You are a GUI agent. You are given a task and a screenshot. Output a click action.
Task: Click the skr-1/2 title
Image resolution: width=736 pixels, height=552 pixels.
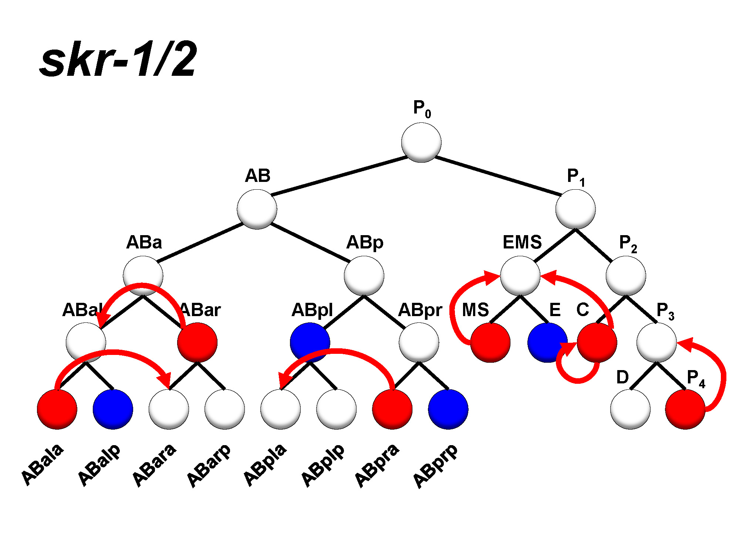coord(118,59)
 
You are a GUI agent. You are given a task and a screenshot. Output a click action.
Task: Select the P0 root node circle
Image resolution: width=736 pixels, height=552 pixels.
coord(421,142)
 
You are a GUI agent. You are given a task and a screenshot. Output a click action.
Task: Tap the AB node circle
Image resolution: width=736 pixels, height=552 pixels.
coord(257,209)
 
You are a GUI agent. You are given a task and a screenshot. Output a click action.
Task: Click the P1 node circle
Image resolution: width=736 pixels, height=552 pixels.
coord(575,209)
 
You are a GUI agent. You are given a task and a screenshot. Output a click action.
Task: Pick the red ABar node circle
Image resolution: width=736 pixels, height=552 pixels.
coord(197,342)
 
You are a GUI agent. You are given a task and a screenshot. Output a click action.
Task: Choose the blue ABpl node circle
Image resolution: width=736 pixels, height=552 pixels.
coord(310,342)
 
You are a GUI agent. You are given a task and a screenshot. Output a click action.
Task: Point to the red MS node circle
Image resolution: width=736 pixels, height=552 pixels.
coord(490,342)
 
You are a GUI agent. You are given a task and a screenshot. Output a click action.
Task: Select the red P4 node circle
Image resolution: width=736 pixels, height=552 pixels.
coord(685,409)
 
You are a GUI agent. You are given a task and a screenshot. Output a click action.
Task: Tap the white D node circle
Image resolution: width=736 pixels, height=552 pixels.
coord(630,409)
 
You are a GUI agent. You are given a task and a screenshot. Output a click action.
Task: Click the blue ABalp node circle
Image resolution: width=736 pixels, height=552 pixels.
coord(113,409)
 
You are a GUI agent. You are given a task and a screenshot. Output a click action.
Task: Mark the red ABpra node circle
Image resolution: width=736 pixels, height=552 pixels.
coord(392,409)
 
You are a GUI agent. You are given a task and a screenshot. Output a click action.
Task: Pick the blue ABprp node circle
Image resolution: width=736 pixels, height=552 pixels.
coord(448,409)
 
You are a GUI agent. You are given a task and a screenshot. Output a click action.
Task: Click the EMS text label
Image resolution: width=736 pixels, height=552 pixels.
coord(522,243)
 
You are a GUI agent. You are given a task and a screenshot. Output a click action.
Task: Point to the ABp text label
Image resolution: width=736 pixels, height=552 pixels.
coord(365,243)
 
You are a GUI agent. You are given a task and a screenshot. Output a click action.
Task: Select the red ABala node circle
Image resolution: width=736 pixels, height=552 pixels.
coord(57,409)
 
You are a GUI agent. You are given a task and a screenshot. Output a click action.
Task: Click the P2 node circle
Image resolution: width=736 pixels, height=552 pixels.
coord(626,276)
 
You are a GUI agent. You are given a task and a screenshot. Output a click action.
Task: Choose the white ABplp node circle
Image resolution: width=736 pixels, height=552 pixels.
coord(336,409)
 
